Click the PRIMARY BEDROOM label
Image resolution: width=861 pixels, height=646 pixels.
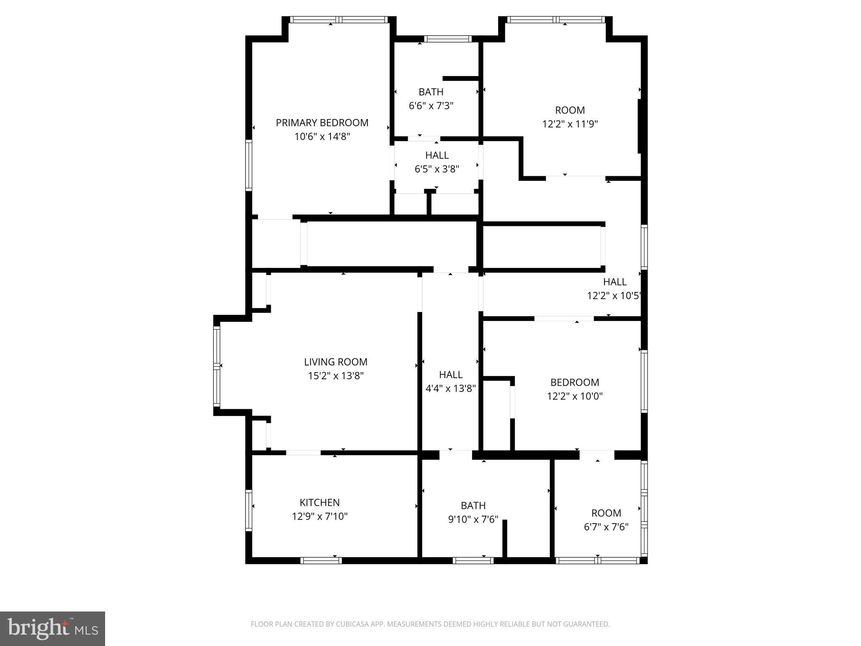pyautogui.click(x=322, y=122)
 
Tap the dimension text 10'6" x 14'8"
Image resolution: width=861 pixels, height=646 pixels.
pyautogui.click(x=322, y=136)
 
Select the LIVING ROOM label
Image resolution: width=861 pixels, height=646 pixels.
pyautogui.click(x=335, y=362)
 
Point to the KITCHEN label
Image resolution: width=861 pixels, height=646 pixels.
pyautogui.click(x=320, y=502)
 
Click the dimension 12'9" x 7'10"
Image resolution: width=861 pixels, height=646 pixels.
pyautogui.click(x=320, y=516)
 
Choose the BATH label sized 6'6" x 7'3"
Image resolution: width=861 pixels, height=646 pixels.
pyautogui.click(x=431, y=92)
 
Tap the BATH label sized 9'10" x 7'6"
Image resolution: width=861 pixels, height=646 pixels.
pyautogui.click(x=473, y=505)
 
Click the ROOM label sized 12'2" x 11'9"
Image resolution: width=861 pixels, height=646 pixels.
pyautogui.click(x=570, y=110)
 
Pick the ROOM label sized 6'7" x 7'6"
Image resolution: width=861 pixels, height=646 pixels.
pyautogui.click(x=606, y=513)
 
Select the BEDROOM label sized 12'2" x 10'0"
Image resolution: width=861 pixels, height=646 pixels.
pyautogui.click(x=574, y=382)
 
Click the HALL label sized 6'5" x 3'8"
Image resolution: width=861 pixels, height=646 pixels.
pyautogui.click(x=437, y=155)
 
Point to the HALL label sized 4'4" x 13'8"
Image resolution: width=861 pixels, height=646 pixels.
pyautogui.click(x=451, y=374)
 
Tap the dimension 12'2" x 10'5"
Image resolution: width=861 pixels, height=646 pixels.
pyautogui.click(x=613, y=296)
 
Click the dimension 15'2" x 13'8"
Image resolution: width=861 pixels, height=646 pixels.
pyautogui.click(x=335, y=376)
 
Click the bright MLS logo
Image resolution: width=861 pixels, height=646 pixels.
pyautogui.click(x=53, y=628)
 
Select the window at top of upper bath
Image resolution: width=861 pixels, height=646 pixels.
pyautogui.click(x=447, y=39)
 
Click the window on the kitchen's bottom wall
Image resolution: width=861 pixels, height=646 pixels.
pyautogui.click(x=321, y=560)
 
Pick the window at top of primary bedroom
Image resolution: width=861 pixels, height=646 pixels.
pyautogui.click(x=338, y=19)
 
